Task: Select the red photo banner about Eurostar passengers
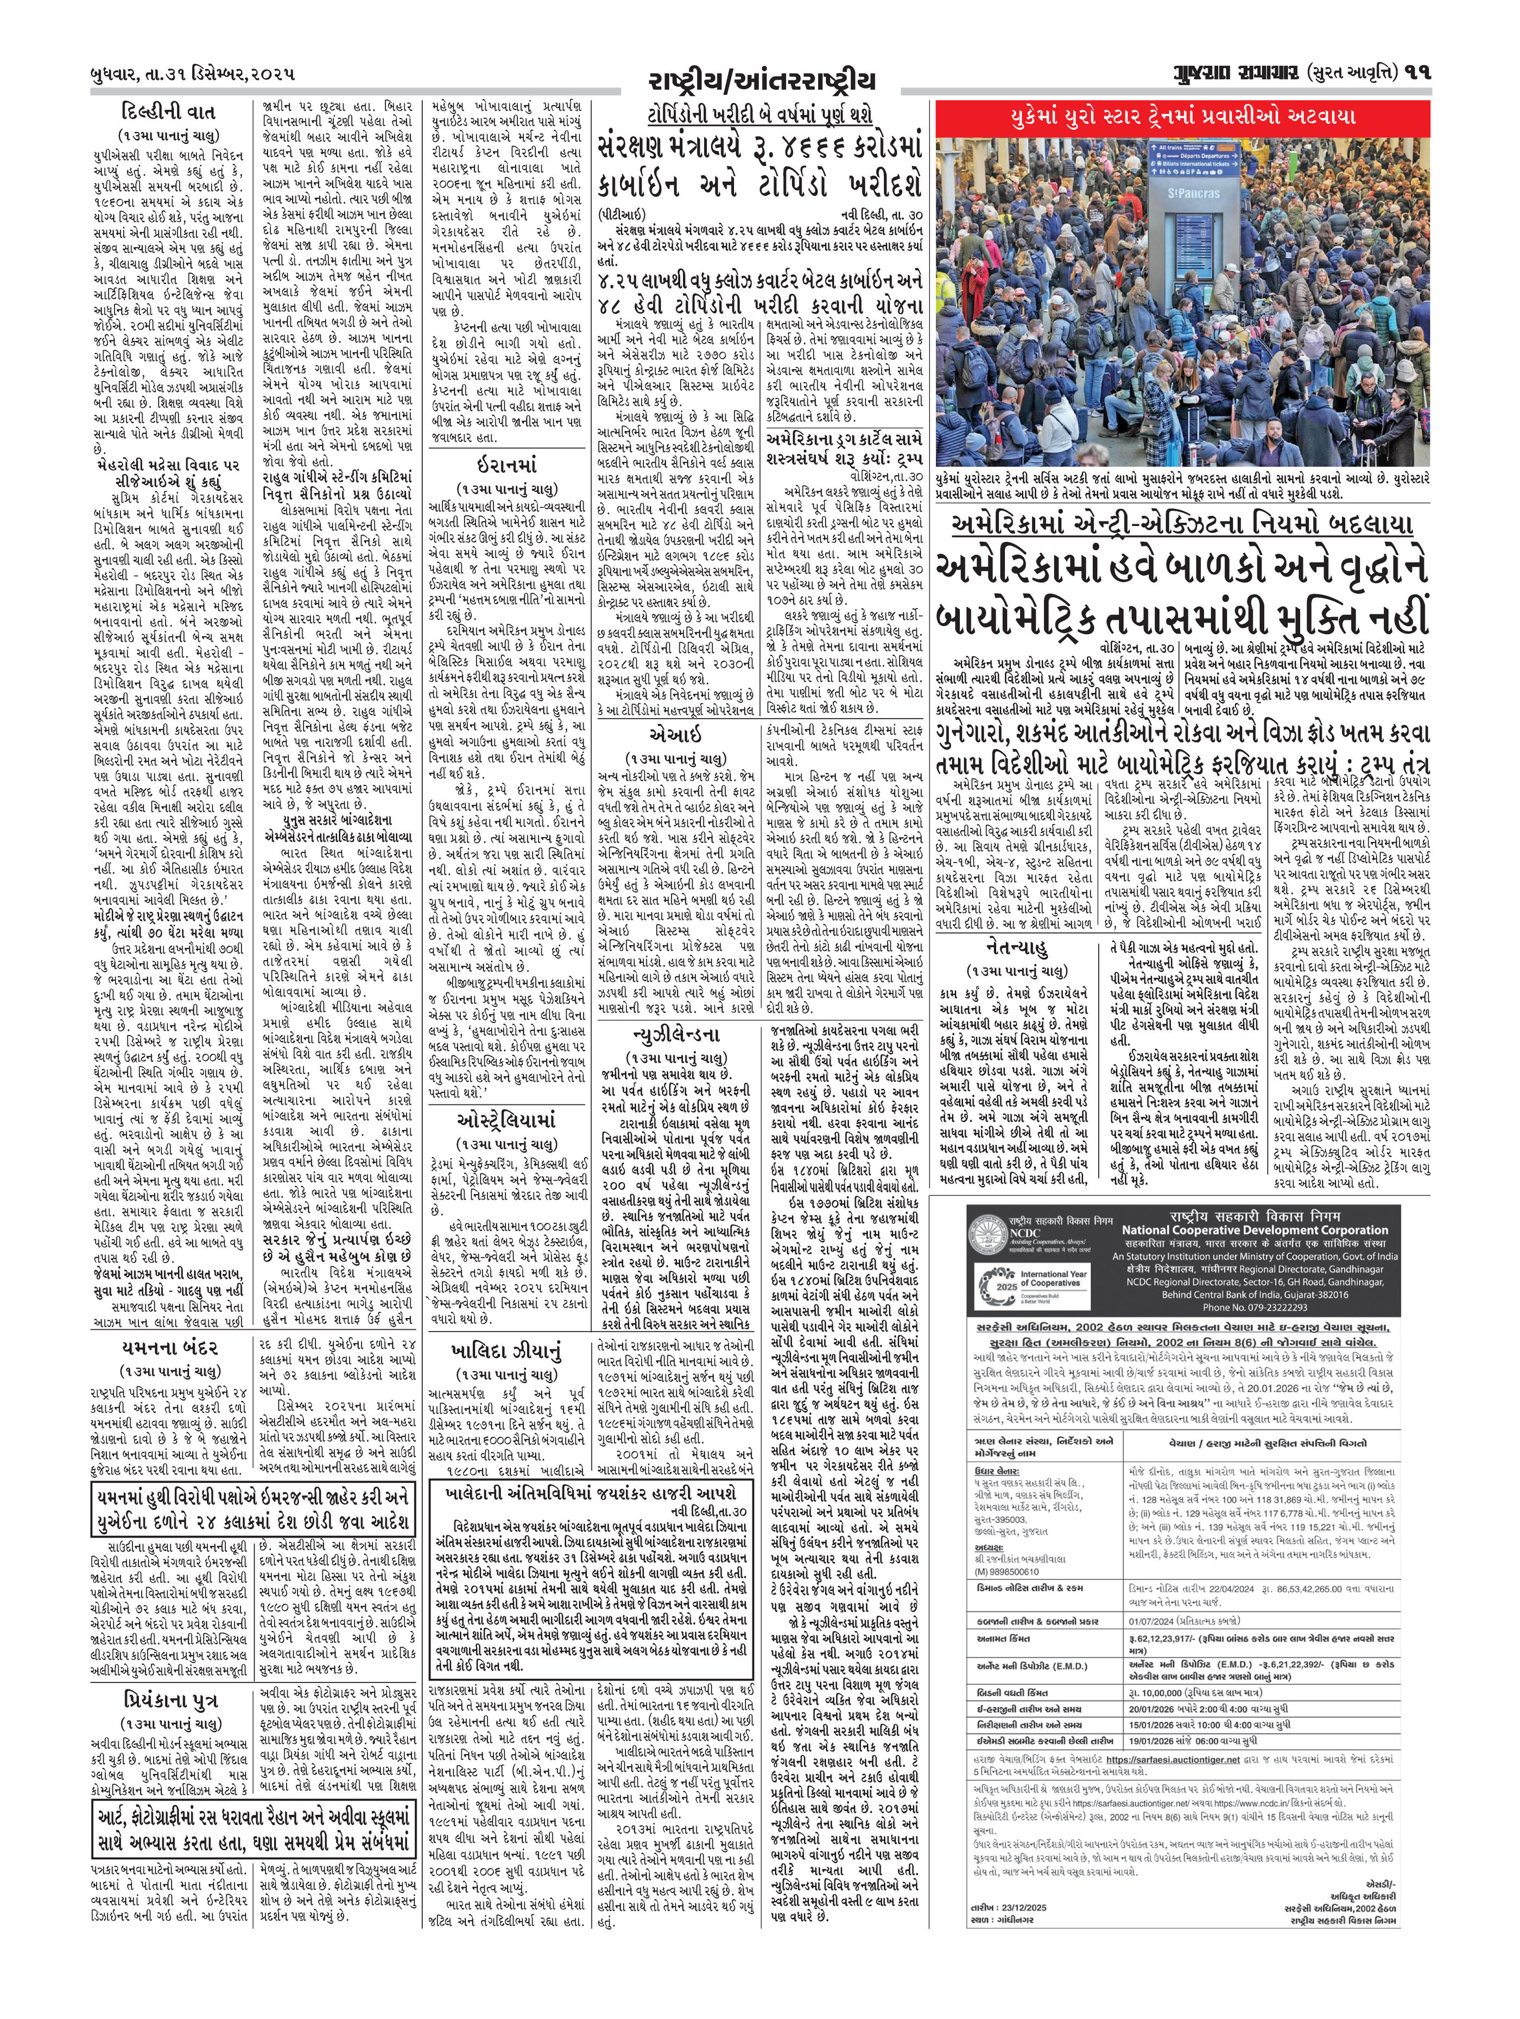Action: [1182, 117]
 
